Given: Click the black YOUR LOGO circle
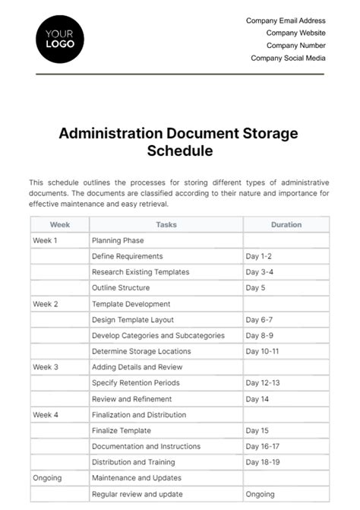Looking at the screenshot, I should [x=60, y=38].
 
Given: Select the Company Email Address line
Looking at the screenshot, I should [x=286, y=21].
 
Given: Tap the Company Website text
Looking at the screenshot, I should [x=295, y=33].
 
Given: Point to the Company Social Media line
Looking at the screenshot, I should [x=288, y=58].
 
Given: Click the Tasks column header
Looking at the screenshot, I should [x=166, y=225].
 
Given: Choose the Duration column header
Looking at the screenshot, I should [x=286, y=225].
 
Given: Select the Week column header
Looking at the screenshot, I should [x=60, y=225].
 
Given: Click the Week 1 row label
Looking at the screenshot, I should [x=46, y=240].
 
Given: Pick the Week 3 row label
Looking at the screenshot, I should [x=46, y=367].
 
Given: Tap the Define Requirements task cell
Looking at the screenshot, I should [x=127, y=256].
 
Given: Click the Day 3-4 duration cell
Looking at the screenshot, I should [x=260, y=272].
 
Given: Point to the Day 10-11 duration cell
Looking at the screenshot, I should [x=262, y=351].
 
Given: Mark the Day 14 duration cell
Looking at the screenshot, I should [x=257, y=399].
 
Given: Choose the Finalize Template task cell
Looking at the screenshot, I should [x=122, y=430].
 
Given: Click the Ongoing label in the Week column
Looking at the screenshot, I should [x=47, y=478].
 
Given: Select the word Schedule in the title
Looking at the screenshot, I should [x=179, y=150].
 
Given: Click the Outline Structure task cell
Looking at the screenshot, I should [x=121, y=288].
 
